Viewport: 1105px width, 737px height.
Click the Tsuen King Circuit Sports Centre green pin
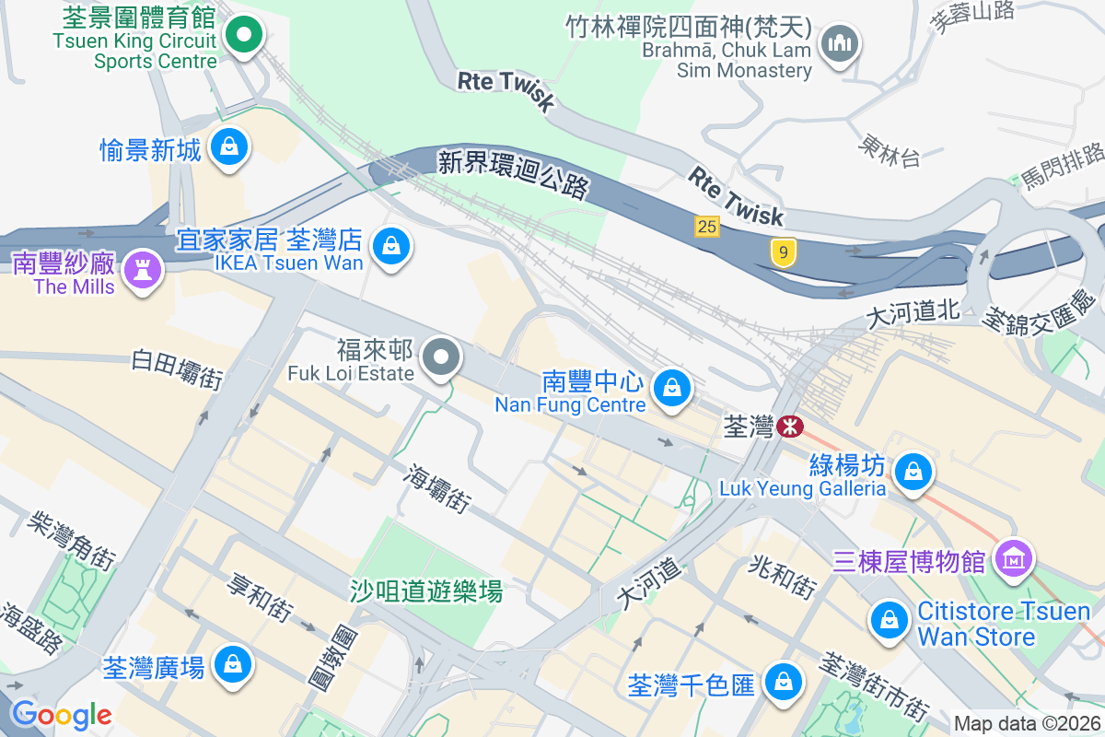click(x=244, y=37)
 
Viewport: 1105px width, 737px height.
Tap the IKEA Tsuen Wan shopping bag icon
click(x=392, y=247)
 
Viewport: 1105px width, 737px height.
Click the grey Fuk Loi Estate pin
click(x=442, y=357)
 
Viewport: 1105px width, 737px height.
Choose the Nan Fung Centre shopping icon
click(x=673, y=388)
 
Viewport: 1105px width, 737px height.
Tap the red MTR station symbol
click(x=790, y=427)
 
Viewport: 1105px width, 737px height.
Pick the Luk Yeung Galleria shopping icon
click(x=913, y=472)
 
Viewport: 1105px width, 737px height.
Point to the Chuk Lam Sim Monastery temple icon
click(x=840, y=42)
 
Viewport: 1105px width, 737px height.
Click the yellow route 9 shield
click(x=783, y=252)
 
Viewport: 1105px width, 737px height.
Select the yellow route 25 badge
click(x=706, y=226)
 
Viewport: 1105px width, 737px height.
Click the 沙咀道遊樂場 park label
click(x=426, y=591)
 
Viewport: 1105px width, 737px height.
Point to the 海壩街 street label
click(x=439, y=488)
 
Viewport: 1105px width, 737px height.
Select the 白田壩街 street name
click(x=178, y=368)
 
